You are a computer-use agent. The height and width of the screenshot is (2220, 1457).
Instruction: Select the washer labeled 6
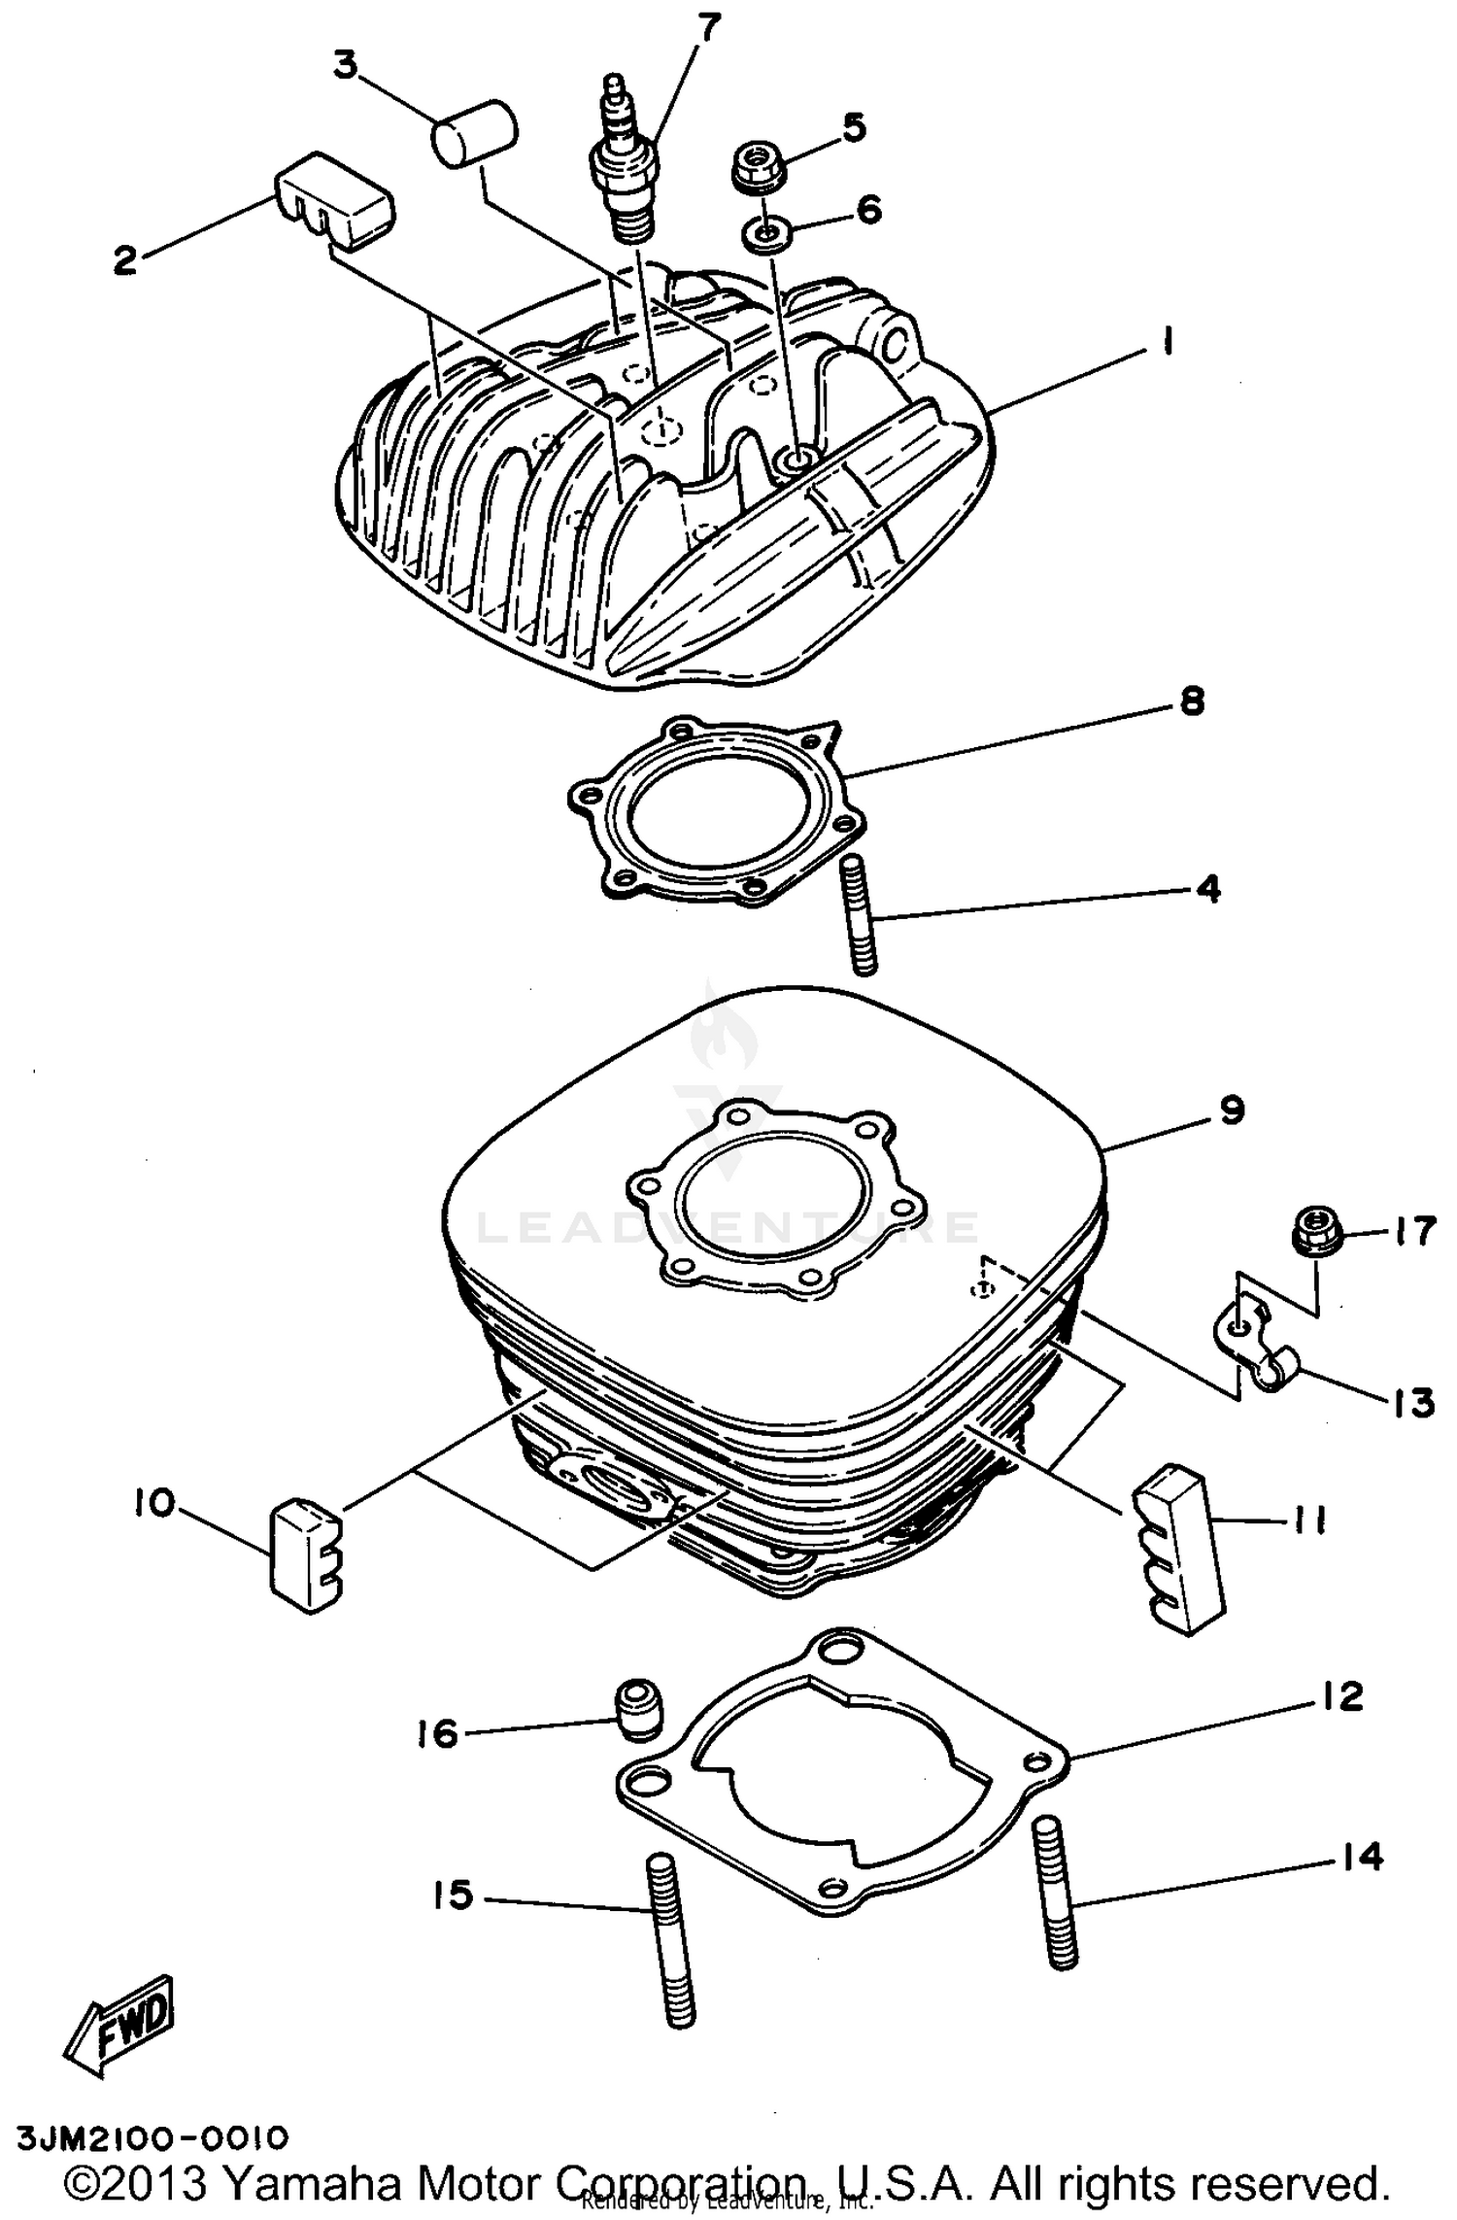[765, 234]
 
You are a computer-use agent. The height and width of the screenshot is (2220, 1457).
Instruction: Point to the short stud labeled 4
[861, 912]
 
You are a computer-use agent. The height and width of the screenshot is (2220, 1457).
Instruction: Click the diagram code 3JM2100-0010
[152, 2138]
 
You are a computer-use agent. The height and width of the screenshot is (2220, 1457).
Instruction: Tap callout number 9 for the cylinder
[1232, 1109]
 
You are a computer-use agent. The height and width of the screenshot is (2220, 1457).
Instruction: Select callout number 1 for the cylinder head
[1168, 342]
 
